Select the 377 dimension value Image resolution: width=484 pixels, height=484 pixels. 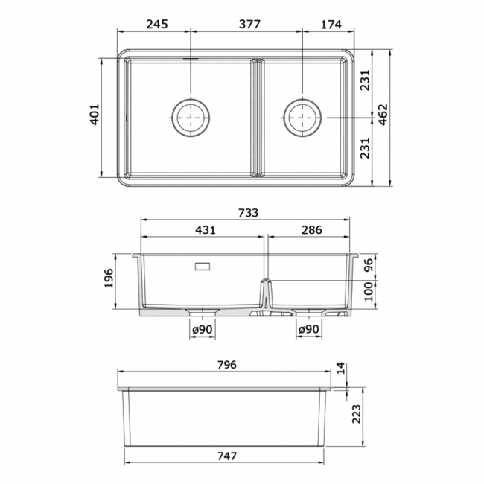pyautogui.click(x=248, y=24)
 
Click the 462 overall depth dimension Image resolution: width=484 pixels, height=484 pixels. pyautogui.click(x=383, y=115)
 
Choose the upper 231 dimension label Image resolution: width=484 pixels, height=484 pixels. pyautogui.click(x=365, y=85)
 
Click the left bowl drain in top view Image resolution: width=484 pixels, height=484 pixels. pyautogui.click(x=191, y=116)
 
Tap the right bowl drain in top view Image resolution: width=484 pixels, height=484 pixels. pyautogui.click(x=303, y=116)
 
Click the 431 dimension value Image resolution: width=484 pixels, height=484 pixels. pyautogui.click(x=203, y=230)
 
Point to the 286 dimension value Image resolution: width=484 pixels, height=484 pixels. pyautogui.click(x=309, y=230)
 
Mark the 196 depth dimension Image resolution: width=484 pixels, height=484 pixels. pyautogui.click(x=109, y=279)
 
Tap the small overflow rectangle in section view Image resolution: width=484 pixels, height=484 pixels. pyautogui.click(x=203, y=264)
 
